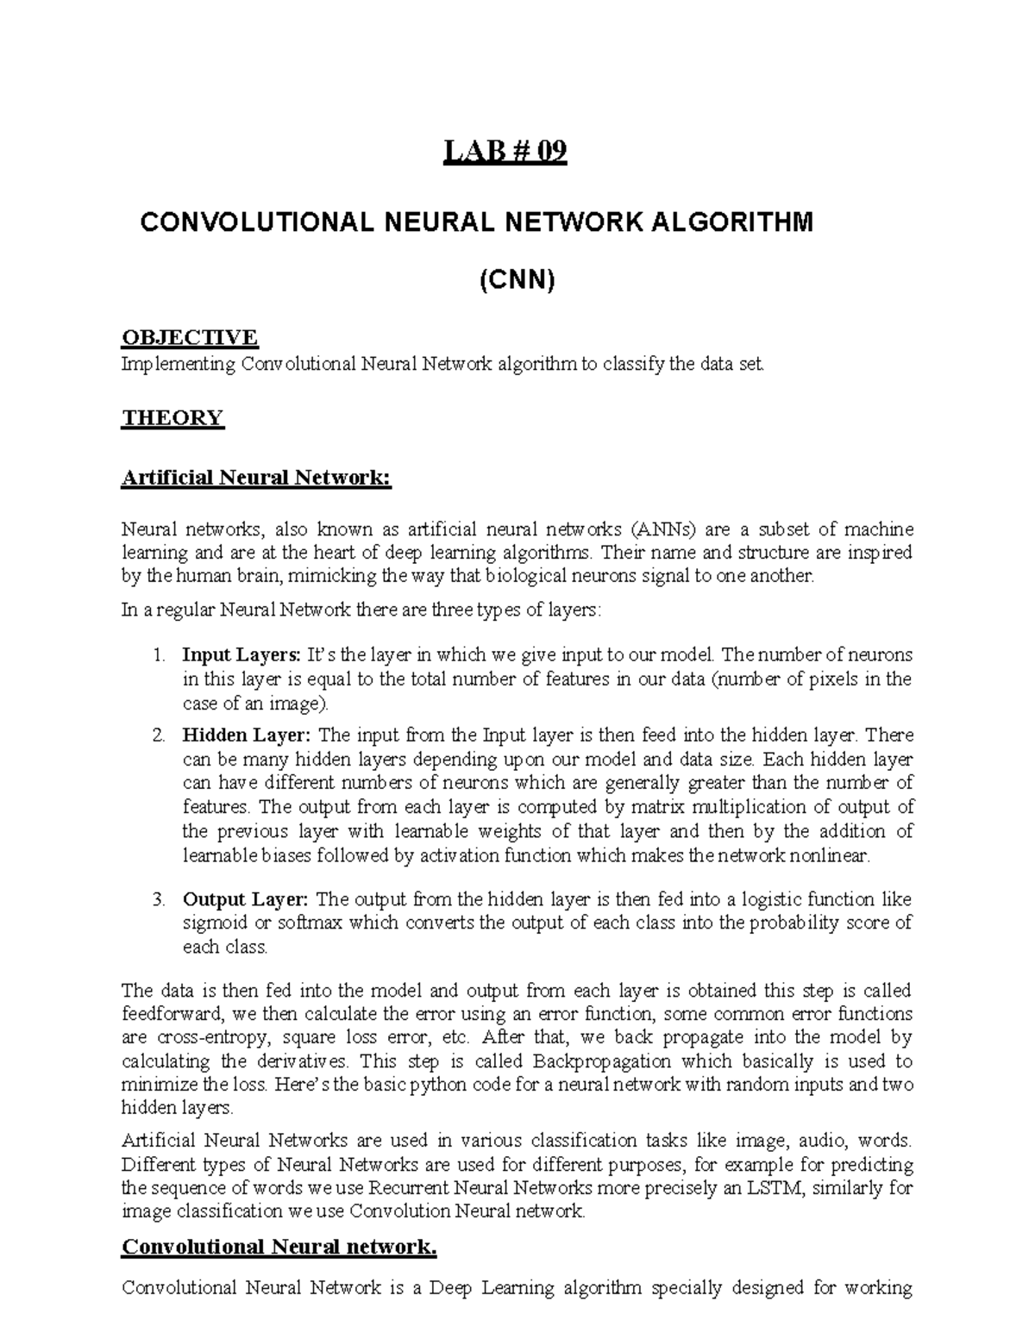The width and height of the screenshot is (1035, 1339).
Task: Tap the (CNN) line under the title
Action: pos(517,279)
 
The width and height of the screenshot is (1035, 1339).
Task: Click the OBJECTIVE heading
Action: pos(189,336)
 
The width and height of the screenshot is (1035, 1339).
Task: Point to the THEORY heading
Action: pos(172,418)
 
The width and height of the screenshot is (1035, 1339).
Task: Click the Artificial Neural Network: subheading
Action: pos(256,477)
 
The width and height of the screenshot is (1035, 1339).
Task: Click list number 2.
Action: pos(158,735)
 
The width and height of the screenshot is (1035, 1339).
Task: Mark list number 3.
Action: pos(158,899)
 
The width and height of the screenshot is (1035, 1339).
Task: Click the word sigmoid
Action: pos(211,923)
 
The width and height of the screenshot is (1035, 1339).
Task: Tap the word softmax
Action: pos(292,923)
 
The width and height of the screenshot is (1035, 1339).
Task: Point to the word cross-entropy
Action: pos(199,1037)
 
